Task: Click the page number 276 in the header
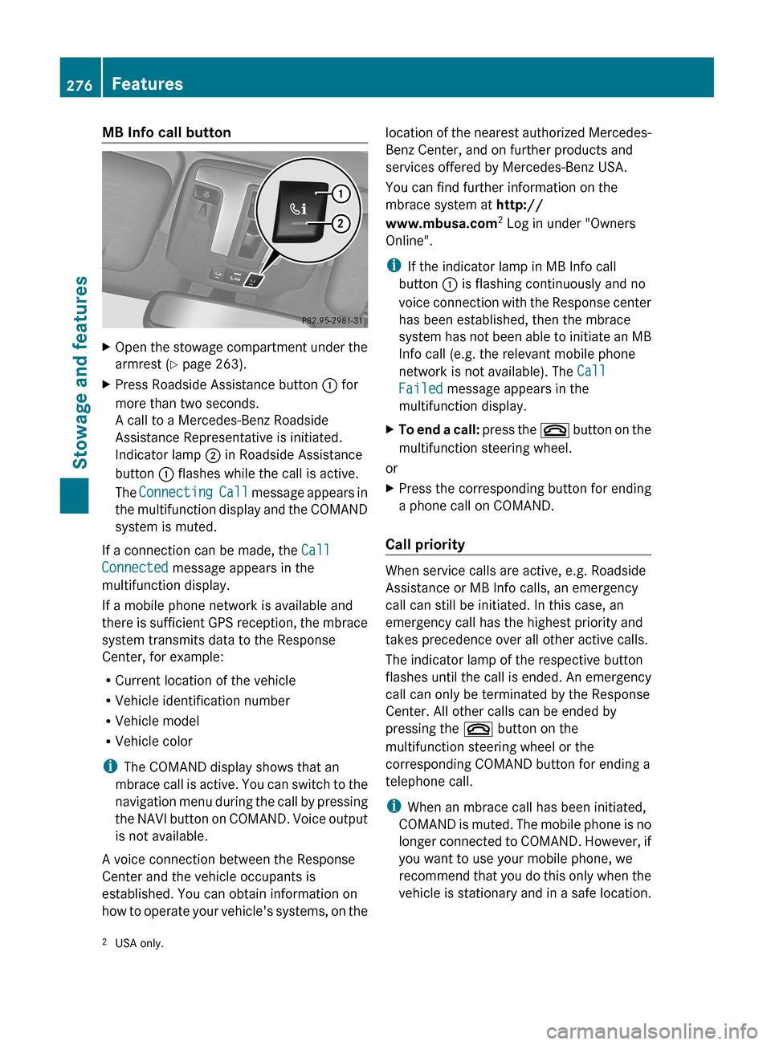[x=80, y=85]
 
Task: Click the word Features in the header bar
[x=147, y=83]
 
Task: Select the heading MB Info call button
[x=166, y=132]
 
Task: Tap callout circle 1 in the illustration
[x=341, y=193]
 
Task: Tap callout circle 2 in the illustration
[x=341, y=223]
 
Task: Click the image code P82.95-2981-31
[x=332, y=320]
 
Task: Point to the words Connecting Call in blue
[x=193, y=492]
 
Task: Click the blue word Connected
[x=135, y=567]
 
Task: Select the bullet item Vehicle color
[x=153, y=741]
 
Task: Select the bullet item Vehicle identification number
[x=202, y=701]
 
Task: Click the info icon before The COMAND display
[x=109, y=766]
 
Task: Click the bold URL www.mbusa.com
[x=441, y=223]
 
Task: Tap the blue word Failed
[x=420, y=388]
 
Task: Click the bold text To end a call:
[x=439, y=429]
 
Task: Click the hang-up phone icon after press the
[x=554, y=430]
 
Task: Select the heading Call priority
[x=425, y=544]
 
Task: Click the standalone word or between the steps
[x=391, y=468]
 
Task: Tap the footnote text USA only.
[x=139, y=943]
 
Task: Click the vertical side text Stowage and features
[x=80, y=372]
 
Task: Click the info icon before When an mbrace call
[x=393, y=806]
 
